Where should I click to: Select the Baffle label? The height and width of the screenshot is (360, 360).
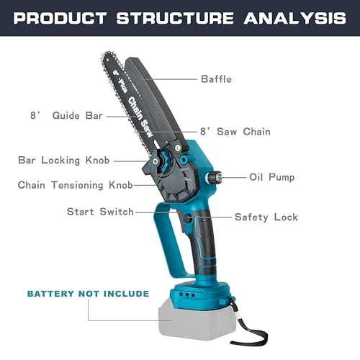[216, 79]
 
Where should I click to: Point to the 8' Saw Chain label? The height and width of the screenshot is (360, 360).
[235, 132]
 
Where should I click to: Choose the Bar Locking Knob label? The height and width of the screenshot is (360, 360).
[63, 160]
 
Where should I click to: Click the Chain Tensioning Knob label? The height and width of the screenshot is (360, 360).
[75, 185]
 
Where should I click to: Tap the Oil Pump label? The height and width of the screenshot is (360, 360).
[271, 176]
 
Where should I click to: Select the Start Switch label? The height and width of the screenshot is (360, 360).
[100, 212]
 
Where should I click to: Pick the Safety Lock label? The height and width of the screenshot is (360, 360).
[266, 217]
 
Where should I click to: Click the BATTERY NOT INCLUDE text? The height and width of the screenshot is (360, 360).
[88, 294]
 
